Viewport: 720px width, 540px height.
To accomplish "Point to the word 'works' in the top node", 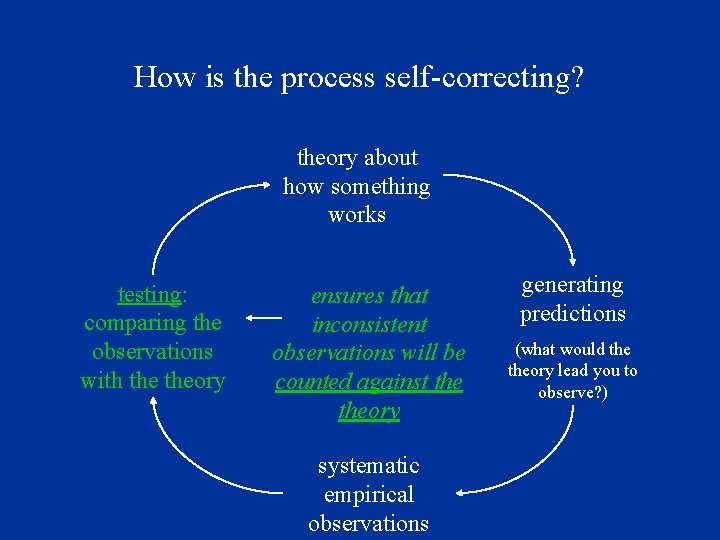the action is pyautogui.click(x=357, y=214).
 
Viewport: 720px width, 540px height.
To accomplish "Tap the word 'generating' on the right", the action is pyautogui.click(x=572, y=285).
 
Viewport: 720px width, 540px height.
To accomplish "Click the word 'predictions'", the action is pyautogui.click(x=572, y=314).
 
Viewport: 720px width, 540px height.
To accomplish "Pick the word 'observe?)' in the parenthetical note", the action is pyautogui.click(x=572, y=392).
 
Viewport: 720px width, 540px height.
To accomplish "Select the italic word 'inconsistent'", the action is pyautogui.click(x=369, y=324).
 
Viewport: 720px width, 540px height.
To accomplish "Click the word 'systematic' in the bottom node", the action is pyautogui.click(x=368, y=466).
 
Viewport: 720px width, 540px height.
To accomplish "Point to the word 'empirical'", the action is pyautogui.click(x=368, y=494).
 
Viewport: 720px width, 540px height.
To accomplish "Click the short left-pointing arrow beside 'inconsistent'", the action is pyautogui.click(x=263, y=319).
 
